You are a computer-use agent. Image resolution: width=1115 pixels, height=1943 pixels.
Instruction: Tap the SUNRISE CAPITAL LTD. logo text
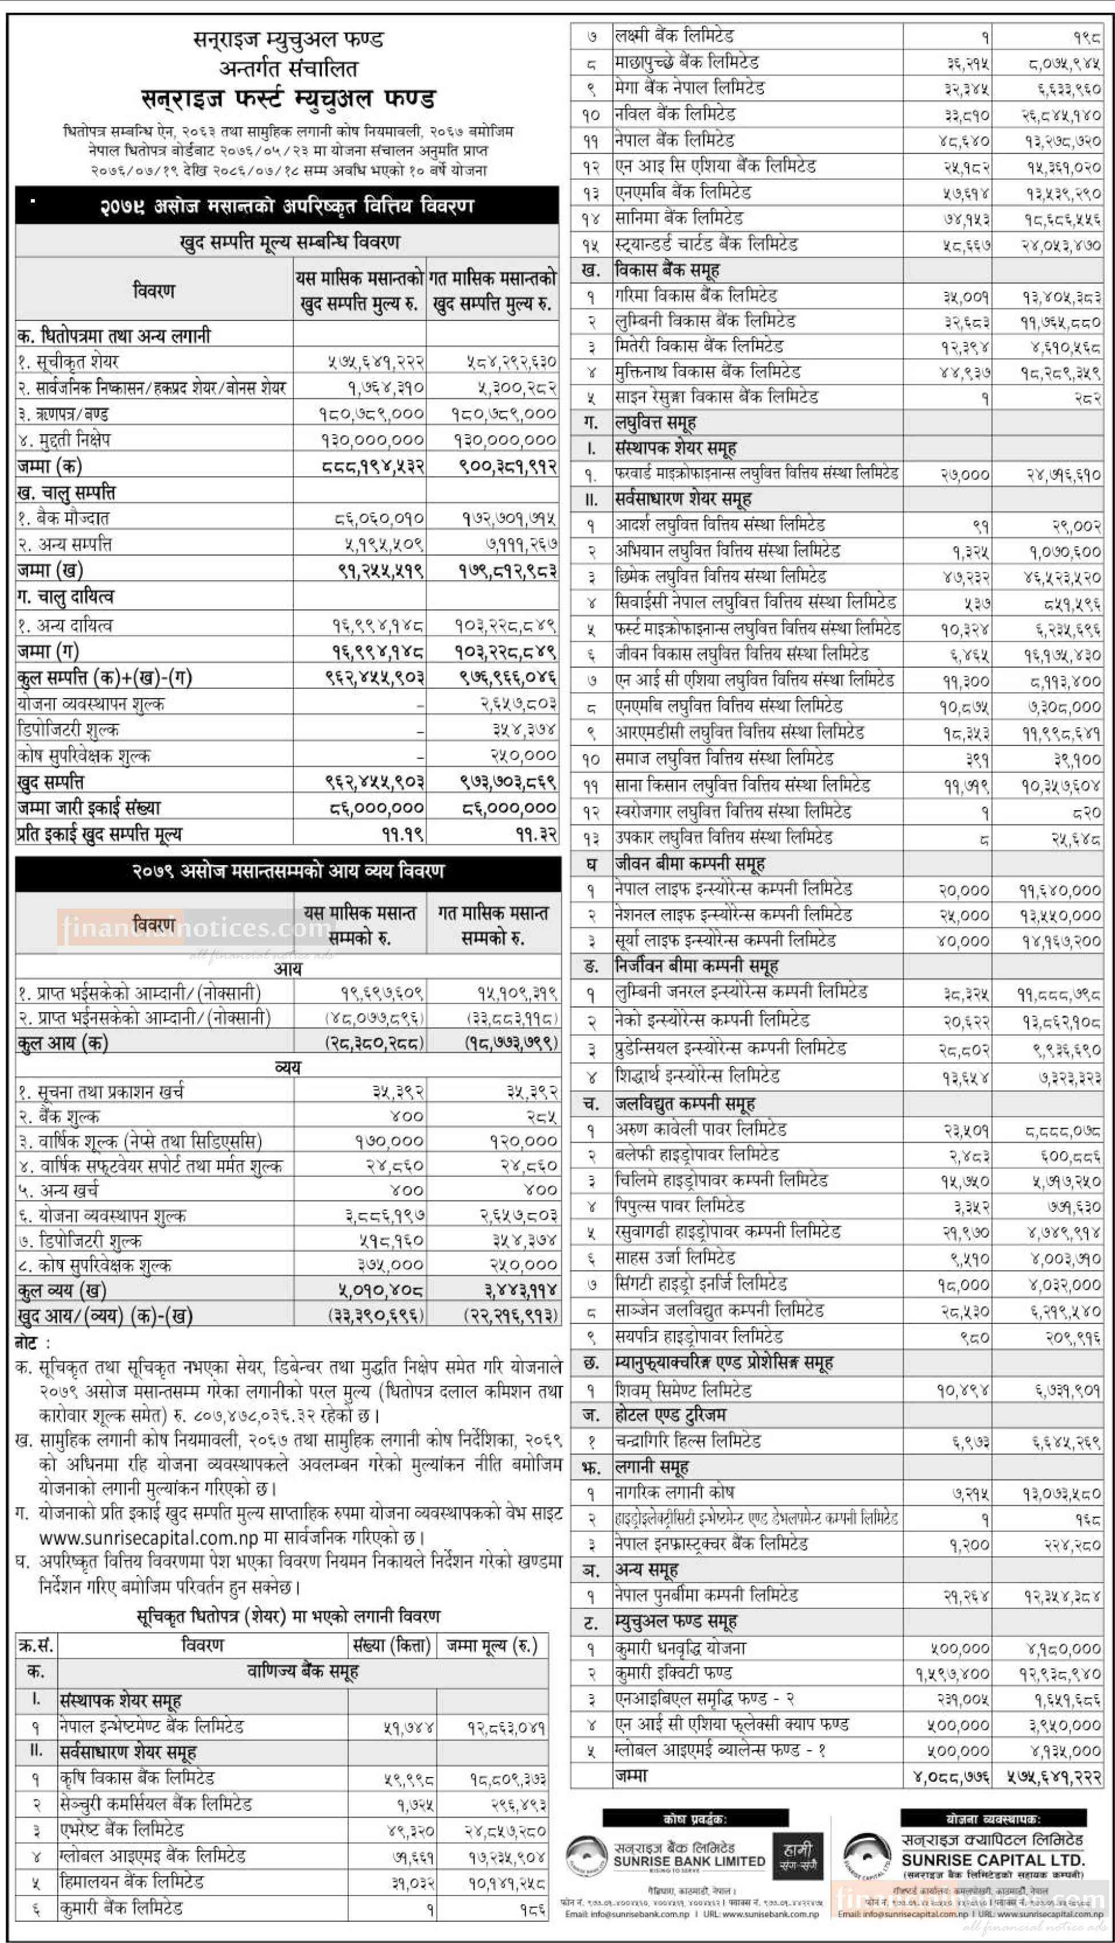993,1859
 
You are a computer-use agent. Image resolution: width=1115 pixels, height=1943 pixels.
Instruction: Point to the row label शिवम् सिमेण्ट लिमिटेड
683,1390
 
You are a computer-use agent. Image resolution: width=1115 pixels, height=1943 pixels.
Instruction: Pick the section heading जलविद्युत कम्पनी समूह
684,1104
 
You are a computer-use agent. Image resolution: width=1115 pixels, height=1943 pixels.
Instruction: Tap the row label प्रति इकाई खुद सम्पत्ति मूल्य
99,834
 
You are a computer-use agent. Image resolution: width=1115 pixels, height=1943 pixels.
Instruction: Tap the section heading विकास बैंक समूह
666,269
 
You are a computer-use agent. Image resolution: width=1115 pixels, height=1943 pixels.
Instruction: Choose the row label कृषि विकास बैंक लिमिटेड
137,1778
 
